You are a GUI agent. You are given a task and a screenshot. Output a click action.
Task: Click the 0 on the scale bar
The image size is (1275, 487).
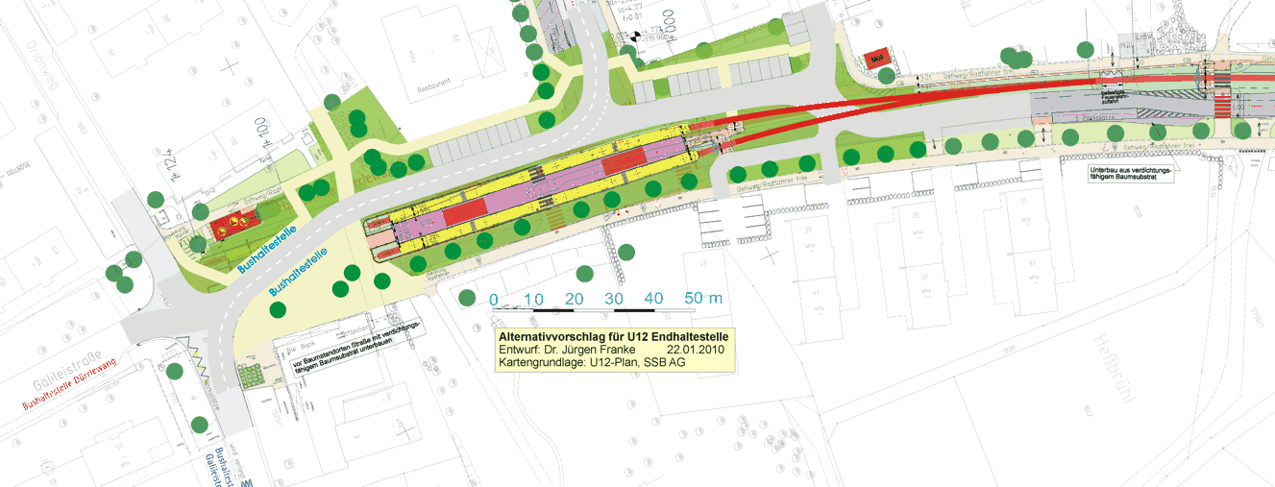point(493,299)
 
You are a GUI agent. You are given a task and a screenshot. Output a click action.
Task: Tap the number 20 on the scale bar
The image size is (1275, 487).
point(575,299)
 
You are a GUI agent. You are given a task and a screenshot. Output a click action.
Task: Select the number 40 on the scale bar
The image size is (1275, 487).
point(654,299)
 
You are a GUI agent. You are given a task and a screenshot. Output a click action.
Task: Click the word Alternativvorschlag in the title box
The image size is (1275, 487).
point(555,337)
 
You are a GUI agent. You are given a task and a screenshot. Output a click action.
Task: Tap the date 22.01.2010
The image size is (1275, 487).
point(699,351)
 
